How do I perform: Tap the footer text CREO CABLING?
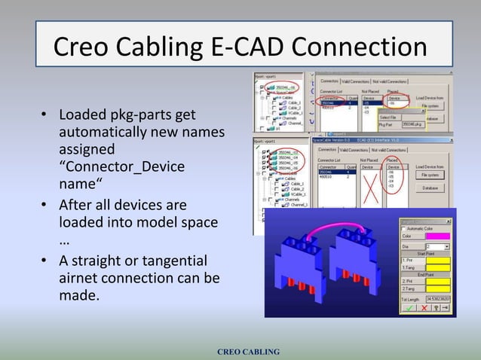[x=248, y=352]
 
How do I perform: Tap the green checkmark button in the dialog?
[x=409, y=307]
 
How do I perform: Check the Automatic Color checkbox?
[x=403, y=227]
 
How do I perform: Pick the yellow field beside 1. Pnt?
[x=439, y=260]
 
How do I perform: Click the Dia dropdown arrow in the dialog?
[x=446, y=246]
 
